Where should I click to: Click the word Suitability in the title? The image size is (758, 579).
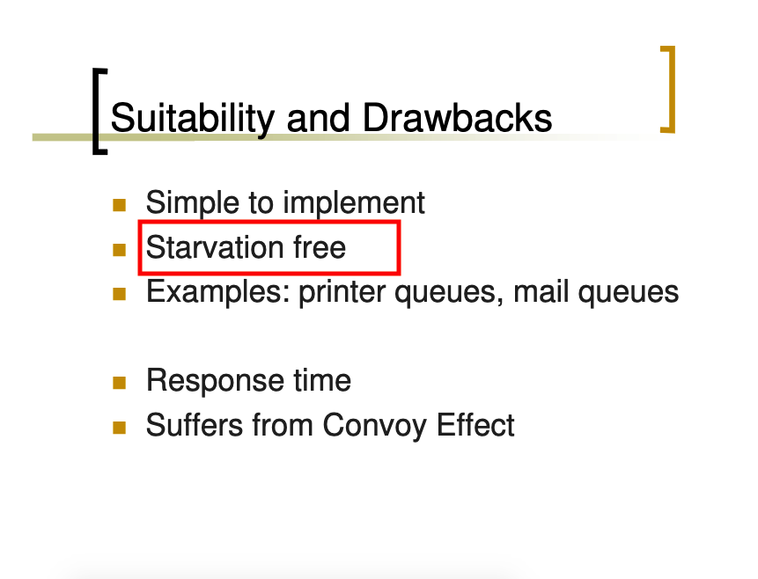click(193, 119)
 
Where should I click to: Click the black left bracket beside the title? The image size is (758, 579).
click(99, 112)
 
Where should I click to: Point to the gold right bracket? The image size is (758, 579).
click(669, 89)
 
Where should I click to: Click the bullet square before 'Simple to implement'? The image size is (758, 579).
click(119, 205)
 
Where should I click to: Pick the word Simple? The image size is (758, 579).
click(193, 203)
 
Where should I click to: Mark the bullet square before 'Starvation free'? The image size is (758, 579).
click(119, 250)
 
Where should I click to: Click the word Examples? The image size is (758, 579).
click(218, 292)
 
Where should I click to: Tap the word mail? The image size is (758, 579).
click(541, 292)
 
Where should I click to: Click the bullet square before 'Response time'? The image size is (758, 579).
click(119, 384)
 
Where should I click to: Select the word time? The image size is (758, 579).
click(322, 381)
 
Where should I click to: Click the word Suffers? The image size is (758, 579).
click(195, 425)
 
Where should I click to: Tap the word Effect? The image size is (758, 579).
click(475, 425)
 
